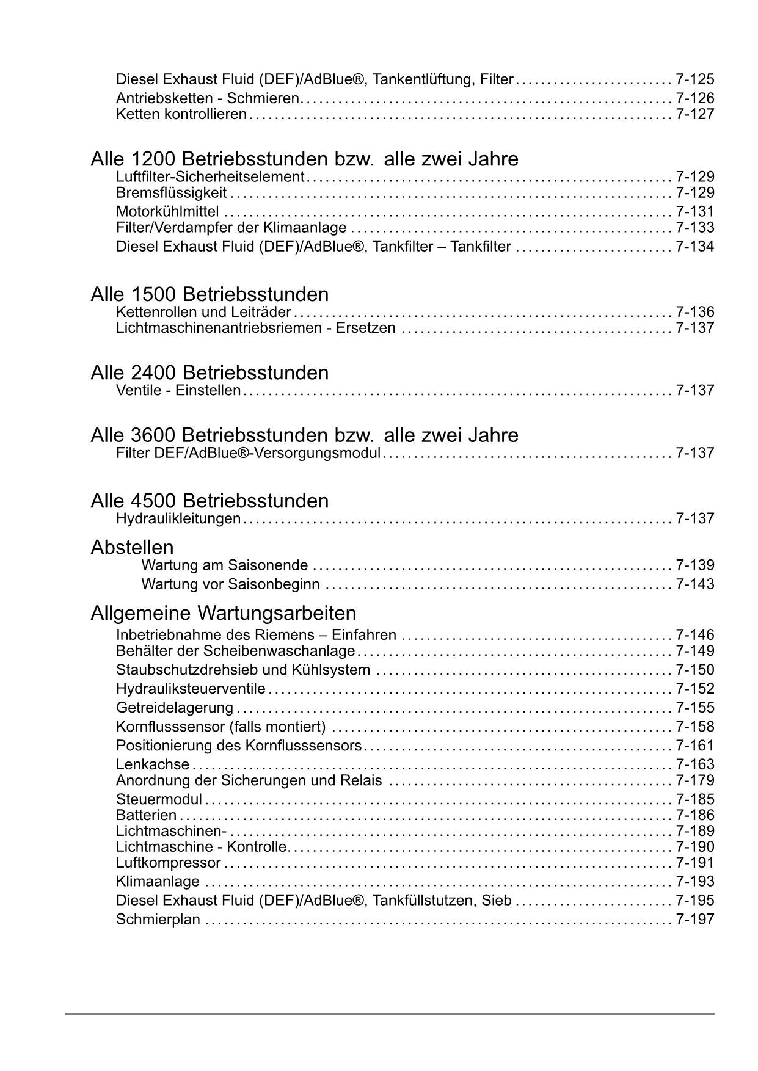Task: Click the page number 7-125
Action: (x=694, y=79)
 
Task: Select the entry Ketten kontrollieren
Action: (x=181, y=114)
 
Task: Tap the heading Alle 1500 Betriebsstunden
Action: (x=210, y=294)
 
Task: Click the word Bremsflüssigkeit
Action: (x=171, y=193)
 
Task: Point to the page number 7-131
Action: (x=694, y=212)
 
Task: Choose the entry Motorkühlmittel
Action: (x=167, y=212)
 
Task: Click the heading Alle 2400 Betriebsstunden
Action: (x=210, y=372)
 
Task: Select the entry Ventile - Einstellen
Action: (x=178, y=390)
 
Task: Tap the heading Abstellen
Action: (x=132, y=547)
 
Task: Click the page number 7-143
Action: (x=694, y=584)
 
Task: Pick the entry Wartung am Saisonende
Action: (x=225, y=565)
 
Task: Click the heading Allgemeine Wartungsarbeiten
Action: (x=223, y=612)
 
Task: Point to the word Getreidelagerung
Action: (x=175, y=708)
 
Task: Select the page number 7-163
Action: (x=694, y=764)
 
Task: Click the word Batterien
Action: (x=146, y=815)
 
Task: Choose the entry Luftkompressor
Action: (x=169, y=863)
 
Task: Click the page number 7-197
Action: (x=694, y=920)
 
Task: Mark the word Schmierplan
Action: (x=158, y=920)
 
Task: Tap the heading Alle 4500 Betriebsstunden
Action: (x=210, y=501)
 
